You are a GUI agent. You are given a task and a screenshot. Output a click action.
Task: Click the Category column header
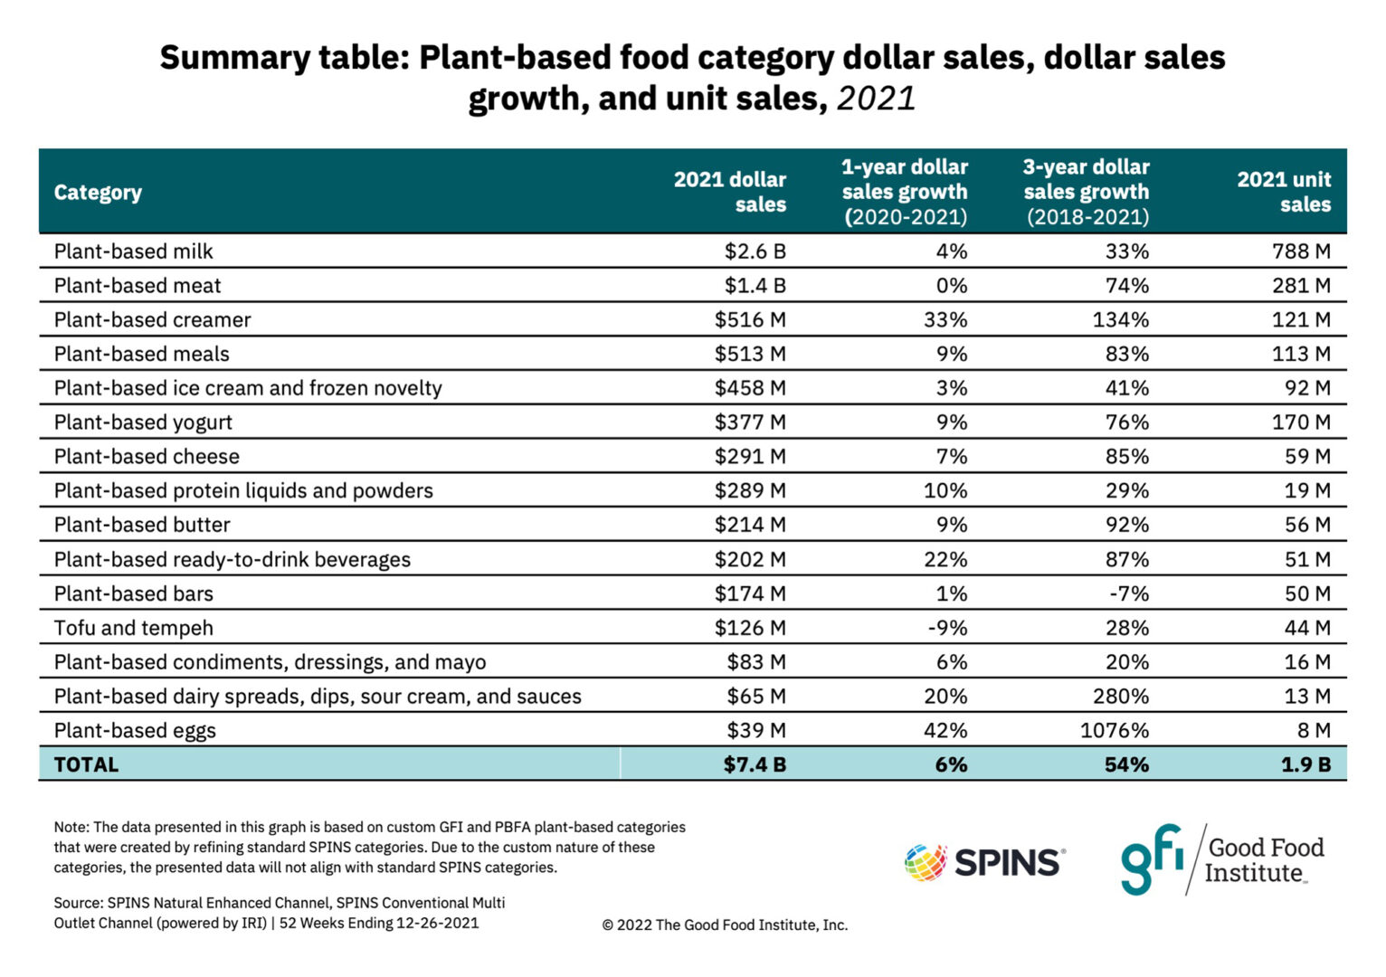pos(98,193)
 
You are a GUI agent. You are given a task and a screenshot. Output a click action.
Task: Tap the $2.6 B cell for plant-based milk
pos(755,251)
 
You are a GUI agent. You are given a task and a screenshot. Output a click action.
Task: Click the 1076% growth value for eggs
pos(1114,730)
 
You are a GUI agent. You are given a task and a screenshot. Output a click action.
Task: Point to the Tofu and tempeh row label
pos(134,628)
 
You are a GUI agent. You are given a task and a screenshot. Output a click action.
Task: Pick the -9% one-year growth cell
pos(947,628)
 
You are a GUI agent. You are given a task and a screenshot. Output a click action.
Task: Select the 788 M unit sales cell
pos(1301,251)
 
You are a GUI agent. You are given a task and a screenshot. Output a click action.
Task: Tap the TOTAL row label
pos(86,764)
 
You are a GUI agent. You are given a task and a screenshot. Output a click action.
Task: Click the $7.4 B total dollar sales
pos(755,764)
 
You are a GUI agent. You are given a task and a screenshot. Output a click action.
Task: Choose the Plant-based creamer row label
pos(152,320)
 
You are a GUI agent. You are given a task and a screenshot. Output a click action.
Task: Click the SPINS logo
pos(984,862)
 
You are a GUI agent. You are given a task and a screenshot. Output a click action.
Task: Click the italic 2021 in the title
pos(876,99)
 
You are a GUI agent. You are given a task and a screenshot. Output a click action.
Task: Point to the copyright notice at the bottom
pos(725,925)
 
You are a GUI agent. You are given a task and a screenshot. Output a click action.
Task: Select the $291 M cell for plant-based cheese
pos(750,457)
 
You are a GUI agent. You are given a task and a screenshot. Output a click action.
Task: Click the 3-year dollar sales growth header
pos(1086,192)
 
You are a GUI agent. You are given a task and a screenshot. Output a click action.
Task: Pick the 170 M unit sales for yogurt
pos(1301,422)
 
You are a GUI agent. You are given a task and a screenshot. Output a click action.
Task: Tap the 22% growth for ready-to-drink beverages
pos(945,560)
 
